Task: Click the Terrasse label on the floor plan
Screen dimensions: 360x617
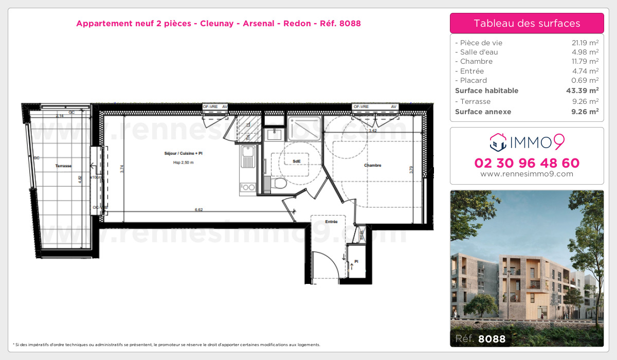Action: click(64, 166)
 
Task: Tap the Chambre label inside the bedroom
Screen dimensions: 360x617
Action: click(372, 165)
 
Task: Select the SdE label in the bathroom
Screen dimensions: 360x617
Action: click(297, 161)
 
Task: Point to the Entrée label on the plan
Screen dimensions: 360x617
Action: click(331, 222)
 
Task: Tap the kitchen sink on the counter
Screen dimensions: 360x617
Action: click(248, 152)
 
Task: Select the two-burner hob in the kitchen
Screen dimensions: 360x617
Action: click(248, 187)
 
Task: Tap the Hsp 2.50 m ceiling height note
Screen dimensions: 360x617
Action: click(183, 163)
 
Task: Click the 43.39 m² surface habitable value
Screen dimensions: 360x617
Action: click(584, 91)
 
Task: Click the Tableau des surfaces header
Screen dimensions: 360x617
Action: click(527, 23)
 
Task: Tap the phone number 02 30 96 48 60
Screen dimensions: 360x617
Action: click(527, 163)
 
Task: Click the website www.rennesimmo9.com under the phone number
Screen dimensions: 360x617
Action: click(527, 174)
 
